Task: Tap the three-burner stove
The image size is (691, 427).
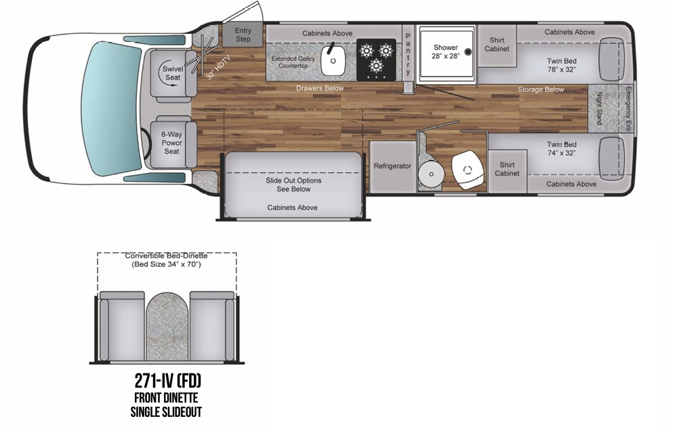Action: click(376, 60)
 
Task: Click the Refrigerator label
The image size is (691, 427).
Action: click(393, 166)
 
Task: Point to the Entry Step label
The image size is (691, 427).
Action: click(243, 35)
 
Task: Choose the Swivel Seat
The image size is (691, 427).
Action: click(172, 73)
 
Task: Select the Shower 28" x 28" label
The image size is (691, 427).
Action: click(446, 52)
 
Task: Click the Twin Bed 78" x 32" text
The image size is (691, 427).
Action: click(562, 65)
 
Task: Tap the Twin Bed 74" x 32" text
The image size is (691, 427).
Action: click(562, 148)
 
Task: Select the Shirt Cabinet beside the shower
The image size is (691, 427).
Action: click(497, 44)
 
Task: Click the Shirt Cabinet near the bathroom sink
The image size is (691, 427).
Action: click(507, 169)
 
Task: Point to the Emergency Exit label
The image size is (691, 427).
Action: click(628, 109)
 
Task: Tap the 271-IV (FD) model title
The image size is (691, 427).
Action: click(167, 380)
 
